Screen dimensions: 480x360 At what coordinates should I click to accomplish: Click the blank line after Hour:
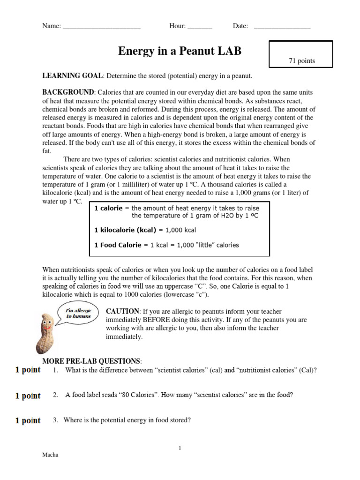click(200, 27)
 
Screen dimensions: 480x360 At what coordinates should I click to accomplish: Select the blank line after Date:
click(282, 27)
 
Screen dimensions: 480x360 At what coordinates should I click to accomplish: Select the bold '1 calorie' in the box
click(108, 208)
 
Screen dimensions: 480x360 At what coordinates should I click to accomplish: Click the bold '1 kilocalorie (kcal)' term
click(125, 230)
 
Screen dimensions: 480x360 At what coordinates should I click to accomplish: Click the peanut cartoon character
click(45, 333)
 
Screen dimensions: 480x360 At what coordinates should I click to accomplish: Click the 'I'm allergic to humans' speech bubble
click(77, 314)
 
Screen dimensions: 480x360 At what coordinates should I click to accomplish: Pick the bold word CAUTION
click(123, 311)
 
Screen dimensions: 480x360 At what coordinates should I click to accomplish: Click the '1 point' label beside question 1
click(28, 370)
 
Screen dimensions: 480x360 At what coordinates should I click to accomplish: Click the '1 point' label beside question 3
click(28, 421)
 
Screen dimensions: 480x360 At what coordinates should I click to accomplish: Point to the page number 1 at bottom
click(180, 449)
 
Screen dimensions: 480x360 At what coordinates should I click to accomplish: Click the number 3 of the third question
click(55, 420)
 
